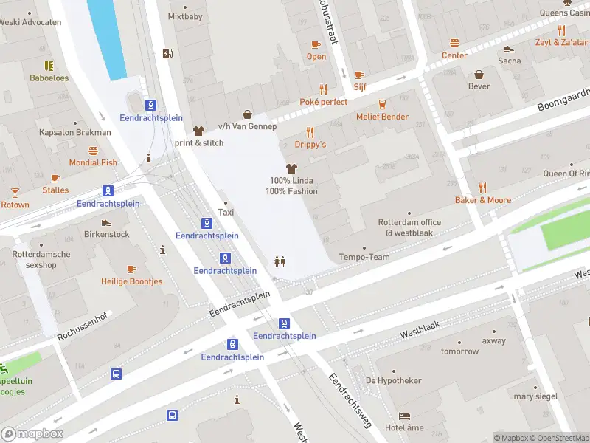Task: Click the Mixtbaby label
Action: pyautogui.click(x=184, y=16)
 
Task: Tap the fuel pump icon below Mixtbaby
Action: pyautogui.click(x=167, y=52)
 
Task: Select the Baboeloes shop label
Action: pyautogui.click(x=49, y=78)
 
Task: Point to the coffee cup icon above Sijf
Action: pyautogui.click(x=359, y=75)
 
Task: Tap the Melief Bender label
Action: pyautogui.click(x=382, y=117)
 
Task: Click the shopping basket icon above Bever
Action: pyautogui.click(x=479, y=74)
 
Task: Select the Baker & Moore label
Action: pyautogui.click(x=483, y=200)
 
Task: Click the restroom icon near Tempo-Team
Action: pyautogui.click(x=280, y=261)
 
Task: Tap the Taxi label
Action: pyautogui.click(x=226, y=213)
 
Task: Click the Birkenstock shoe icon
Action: pyautogui.click(x=106, y=222)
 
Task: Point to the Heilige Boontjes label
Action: pyautogui.click(x=131, y=281)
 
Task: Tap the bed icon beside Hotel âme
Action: pyautogui.click(x=404, y=416)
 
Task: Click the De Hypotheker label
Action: pyautogui.click(x=394, y=380)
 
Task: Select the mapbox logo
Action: pyautogui.click(x=32, y=434)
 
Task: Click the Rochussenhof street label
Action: pyautogui.click(x=83, y=329)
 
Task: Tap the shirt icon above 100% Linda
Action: pyautogui.click(x=291, y=168)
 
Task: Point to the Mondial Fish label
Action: pyautogui.click(x=93, y=162)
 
